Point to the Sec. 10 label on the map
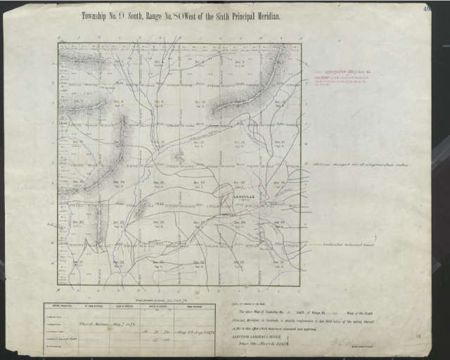tap(200, 103)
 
